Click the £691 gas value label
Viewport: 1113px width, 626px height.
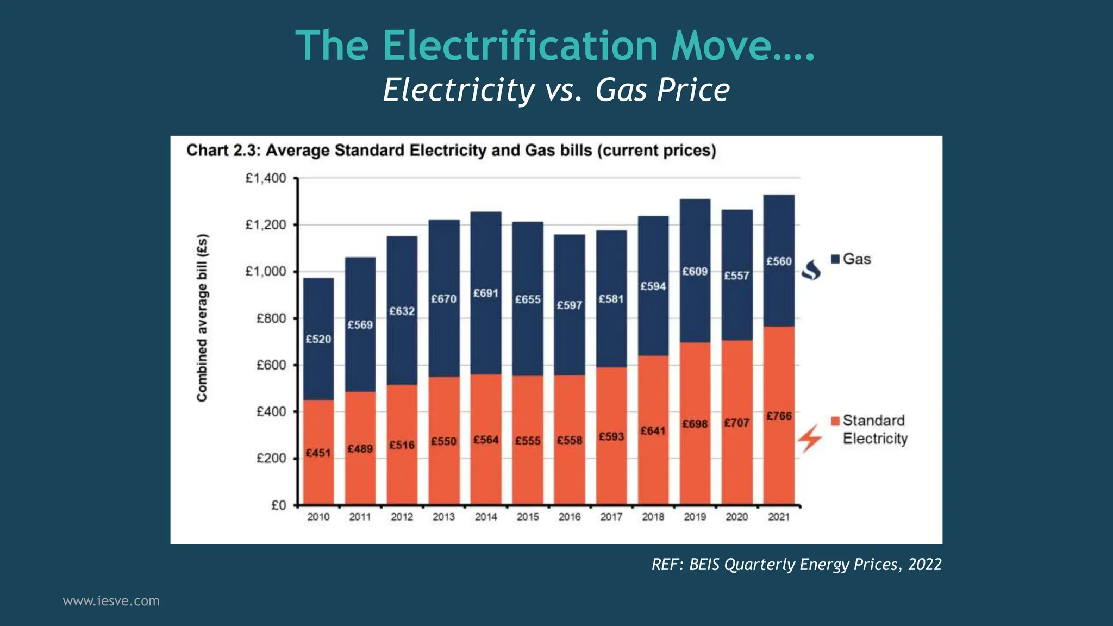coord(485,293)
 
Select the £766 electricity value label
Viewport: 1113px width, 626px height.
coord(779,416)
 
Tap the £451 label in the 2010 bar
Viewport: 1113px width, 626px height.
coord(318,453)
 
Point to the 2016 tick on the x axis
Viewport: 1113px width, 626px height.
coord(570,517)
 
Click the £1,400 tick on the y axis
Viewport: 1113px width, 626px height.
coord(266,178)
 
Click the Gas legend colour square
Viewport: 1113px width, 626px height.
coord(835,259)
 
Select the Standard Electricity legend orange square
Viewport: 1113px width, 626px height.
coord(835,421)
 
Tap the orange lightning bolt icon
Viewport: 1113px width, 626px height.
coord(810,439)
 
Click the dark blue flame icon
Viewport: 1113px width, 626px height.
coord(811,270)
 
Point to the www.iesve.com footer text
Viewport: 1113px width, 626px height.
coord(111,601)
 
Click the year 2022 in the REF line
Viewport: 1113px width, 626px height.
coord(924,565)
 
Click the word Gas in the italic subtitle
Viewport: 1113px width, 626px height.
coord(621,90)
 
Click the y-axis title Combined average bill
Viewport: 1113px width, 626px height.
coord(202,318)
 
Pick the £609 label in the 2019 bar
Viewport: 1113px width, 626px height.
coord(695,272)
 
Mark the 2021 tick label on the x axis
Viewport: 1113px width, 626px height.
coord(779,517)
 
